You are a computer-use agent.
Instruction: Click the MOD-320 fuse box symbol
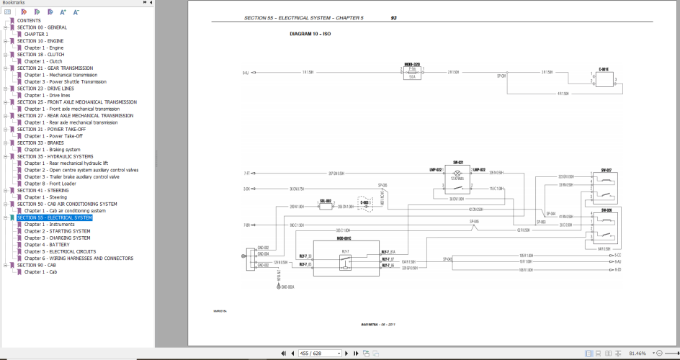pyautogui.click(x=413, y=73)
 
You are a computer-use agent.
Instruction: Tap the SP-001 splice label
pyautogui.click(x=502, y=76)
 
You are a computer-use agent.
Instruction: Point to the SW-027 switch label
pyautogui.click(x=606, y=170)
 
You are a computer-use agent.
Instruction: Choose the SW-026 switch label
pyautogui.click(x=606, y=210)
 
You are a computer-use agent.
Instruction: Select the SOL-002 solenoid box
pyautogui.click(x=325, y=206)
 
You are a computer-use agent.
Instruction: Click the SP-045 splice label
pyautogui.click(x=475, y=221)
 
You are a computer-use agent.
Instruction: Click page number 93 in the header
pyautogui.click(x=393, y=17)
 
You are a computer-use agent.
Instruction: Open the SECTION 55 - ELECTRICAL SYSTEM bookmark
pyautogui.click(x=55, y=217)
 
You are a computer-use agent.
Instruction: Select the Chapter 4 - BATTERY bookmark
pyautogui.click(x=47, y=245)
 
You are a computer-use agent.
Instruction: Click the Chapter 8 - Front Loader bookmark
pyautogui.click(x=55, y=184)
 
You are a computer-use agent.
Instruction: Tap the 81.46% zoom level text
pyautogui.click(x=637, y=354)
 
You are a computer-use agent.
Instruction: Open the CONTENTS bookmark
pyautogui.click(x=29, y=20)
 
